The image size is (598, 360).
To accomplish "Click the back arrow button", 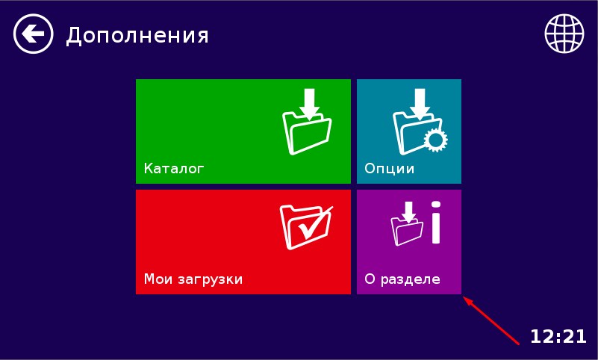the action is click(x=33, y=34).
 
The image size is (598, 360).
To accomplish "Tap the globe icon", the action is click(x=564, y=33).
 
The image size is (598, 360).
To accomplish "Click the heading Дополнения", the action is click(x=137, y=35).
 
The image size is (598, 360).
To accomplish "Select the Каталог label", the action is click(x=174, y=168).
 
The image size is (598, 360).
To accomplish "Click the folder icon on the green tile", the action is click(x=307, y=134).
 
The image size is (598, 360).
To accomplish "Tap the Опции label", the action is click(x=390, y=168).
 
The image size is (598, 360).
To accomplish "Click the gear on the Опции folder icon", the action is click(x=435, y=140).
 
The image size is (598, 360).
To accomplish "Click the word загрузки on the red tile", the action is click(x=210, y=279).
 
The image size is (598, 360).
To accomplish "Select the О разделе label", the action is click(x=402, y=279).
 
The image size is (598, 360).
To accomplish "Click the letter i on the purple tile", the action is click(x=436, y=223).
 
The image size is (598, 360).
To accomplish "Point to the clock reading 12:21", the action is click(x=558, y=336).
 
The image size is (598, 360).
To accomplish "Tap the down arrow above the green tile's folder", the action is click(x=309, y=103).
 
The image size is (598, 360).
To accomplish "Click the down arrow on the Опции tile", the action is click(x=420, y=103).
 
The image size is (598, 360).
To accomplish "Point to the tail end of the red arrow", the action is click(x=519, y=344).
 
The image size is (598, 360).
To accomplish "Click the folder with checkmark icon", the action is click(x=306, y=227).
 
